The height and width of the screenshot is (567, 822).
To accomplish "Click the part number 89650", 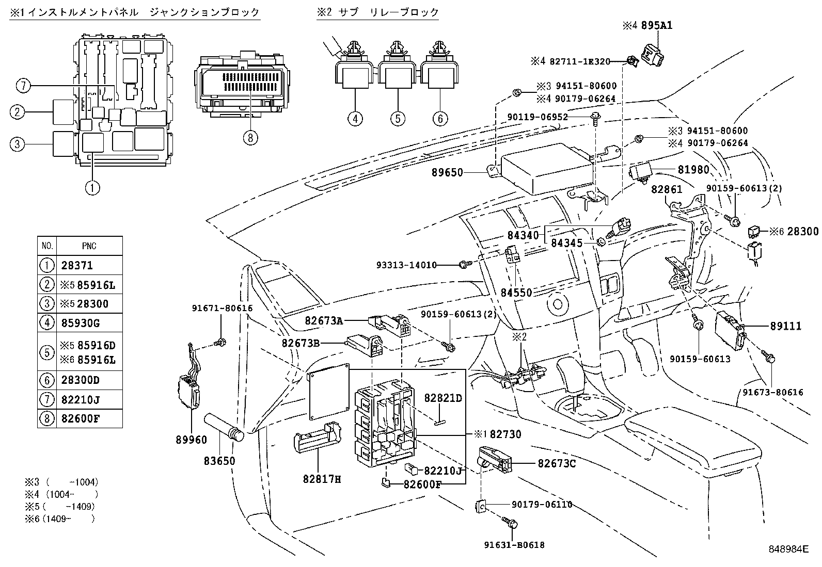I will click(447, 173).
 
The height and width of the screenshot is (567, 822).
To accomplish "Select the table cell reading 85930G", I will click(81, 323).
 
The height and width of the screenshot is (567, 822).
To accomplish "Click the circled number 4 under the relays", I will click(355, 119).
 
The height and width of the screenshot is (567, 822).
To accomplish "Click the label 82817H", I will click(322, 479).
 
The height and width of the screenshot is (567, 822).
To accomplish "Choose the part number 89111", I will click(785, 327).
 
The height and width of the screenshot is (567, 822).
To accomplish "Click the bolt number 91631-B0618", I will click(514, 545).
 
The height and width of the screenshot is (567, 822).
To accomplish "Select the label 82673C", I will click(557, 464).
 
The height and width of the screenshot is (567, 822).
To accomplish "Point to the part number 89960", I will click(191, 440).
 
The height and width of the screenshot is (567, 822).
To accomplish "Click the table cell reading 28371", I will click(77, 266).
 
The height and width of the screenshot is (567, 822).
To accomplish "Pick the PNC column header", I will click(89, 246).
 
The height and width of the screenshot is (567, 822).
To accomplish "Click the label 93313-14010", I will click(406, 265).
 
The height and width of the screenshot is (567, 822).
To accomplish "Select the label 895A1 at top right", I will click(656, 25).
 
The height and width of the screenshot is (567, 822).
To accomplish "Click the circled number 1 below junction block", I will click(92, 188).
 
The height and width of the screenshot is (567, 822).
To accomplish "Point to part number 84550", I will click(516, 293).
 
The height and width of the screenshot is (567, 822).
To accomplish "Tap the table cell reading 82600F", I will click(81, 418).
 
